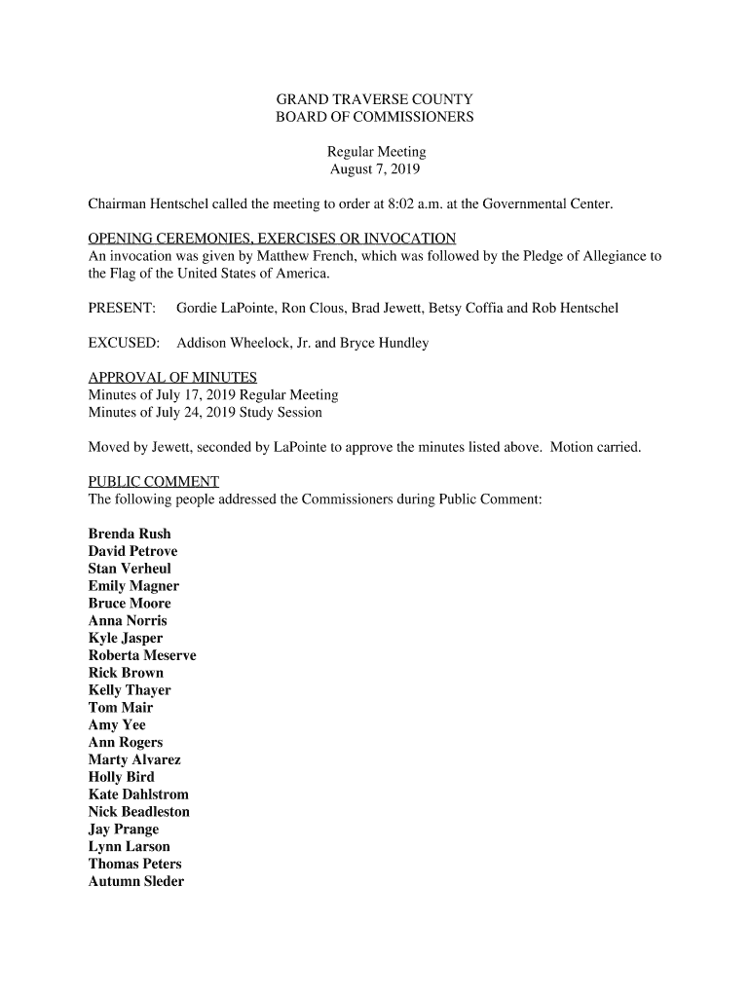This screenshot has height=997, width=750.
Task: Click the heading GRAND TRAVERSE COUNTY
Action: [x=375, y=99]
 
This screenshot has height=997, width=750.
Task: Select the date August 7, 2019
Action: [x=375, y=169]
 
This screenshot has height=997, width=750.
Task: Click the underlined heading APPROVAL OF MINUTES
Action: [x=172, y=378]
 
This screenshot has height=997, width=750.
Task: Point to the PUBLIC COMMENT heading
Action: [x=154, y=481]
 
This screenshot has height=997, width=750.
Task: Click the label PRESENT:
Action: [x=123, y=308]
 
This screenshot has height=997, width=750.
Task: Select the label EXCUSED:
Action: [x=124, y=343]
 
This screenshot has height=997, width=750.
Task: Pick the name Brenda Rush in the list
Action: [x=130, y=534]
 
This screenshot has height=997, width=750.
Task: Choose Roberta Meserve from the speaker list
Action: [x=142, y=655]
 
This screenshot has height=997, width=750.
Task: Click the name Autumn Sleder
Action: [x=136, y=881]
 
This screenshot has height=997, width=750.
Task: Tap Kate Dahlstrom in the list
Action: [x=138, y=794]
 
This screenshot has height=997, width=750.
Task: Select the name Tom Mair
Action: [x=121, y=708]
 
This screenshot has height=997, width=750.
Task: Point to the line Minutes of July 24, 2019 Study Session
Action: [x=206, y=412]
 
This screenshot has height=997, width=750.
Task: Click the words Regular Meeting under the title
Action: [x=376, y=152]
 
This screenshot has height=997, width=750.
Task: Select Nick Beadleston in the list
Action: [x=139, y=812]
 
